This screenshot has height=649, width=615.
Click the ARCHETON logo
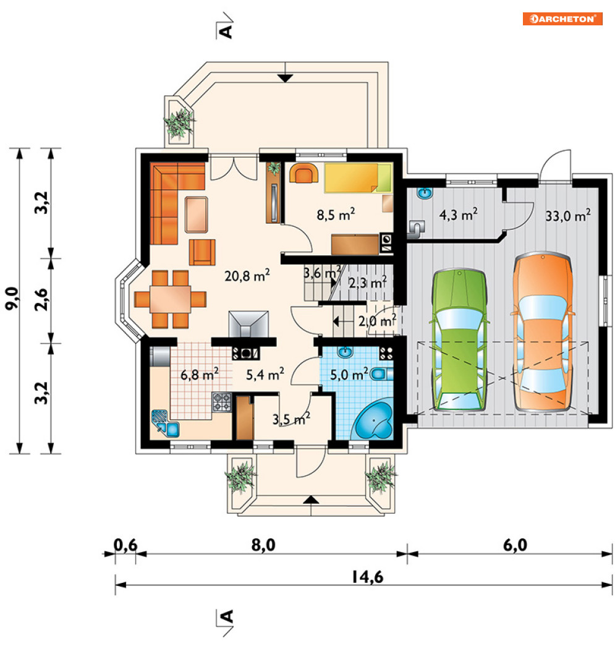coord(562,19)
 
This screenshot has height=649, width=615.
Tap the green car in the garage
coord(459,340)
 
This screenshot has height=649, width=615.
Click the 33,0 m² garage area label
coord(568,215)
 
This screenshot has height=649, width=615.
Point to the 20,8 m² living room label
coord(247,275)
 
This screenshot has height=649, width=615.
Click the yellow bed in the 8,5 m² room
coord(358,178)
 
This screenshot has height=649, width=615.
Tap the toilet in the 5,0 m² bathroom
coord(381,374)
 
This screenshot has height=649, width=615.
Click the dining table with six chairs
coord(170,299)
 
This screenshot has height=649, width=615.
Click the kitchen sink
coord(165,423)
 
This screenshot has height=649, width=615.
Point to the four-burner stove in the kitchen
coord(221,402)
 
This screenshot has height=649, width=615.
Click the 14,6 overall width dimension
coord(368,577)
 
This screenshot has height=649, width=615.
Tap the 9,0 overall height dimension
coord(12,298)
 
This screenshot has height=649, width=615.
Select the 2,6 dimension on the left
coord(42,300)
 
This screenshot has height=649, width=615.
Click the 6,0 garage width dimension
coord(515,545)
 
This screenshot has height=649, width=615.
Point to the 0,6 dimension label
coord(125,545)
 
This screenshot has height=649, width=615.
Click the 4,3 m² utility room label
coord(458,214)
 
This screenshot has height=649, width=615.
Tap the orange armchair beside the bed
coord(303,173)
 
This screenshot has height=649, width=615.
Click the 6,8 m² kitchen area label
coord(200,375)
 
